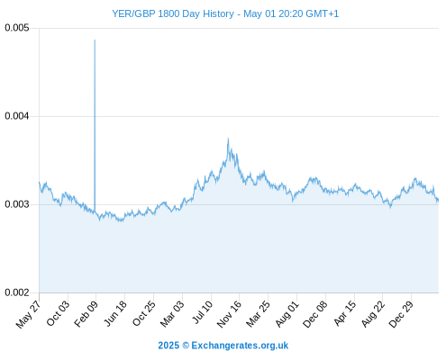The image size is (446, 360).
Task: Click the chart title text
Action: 225,13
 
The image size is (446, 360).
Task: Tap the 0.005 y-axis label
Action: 17,28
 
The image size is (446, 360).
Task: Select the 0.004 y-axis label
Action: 17,116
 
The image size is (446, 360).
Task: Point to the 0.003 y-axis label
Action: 17,204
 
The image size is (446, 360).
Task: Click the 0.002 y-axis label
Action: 17,292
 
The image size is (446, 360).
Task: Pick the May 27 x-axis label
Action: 29,314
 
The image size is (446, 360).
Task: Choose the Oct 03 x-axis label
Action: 58,313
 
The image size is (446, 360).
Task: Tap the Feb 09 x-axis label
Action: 86,314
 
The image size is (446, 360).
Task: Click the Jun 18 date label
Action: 115,313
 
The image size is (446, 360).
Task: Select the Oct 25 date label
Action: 144,313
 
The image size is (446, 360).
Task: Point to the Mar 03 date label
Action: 172,314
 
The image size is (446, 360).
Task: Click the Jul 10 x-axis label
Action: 203,312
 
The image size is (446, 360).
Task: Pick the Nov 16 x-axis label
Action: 229,314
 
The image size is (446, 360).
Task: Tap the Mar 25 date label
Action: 259,314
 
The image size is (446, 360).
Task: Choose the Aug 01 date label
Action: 287,313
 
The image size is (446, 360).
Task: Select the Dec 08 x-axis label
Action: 315,314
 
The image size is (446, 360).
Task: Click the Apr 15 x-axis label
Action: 345,313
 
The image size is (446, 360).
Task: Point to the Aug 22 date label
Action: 373,314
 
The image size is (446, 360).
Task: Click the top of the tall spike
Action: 95,40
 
